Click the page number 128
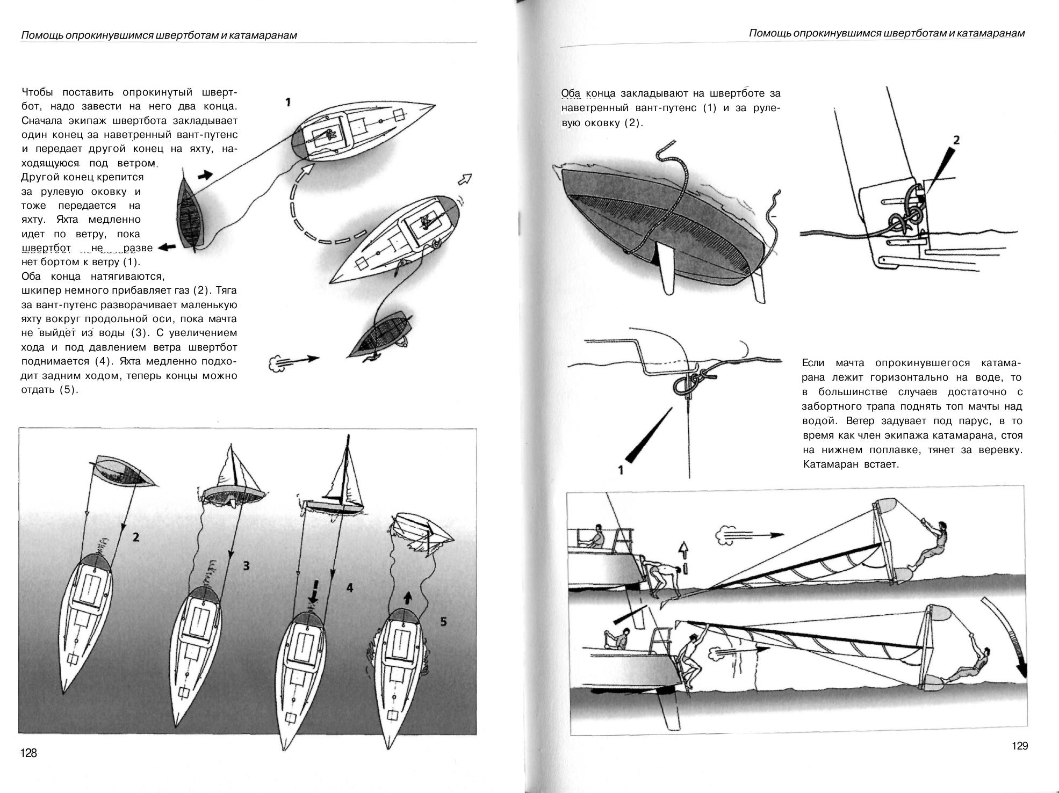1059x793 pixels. (x=28, y=753)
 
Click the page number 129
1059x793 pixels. (x=1019, y=746)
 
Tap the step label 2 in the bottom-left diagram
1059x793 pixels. (x=136, y=536)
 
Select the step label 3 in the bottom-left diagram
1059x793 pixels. (x=246, y=565)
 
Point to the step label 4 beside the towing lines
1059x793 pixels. (x=350, y=588)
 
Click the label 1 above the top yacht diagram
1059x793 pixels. (x=289, y=101)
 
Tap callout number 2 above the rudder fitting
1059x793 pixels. (x=956, y=140)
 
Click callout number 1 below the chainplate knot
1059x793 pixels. (x=621, y=471)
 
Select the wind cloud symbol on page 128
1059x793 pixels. (x=276, y=364)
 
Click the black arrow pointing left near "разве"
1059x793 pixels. (x=168, y=247)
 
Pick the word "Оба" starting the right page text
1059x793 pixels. (x=570, y=94)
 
